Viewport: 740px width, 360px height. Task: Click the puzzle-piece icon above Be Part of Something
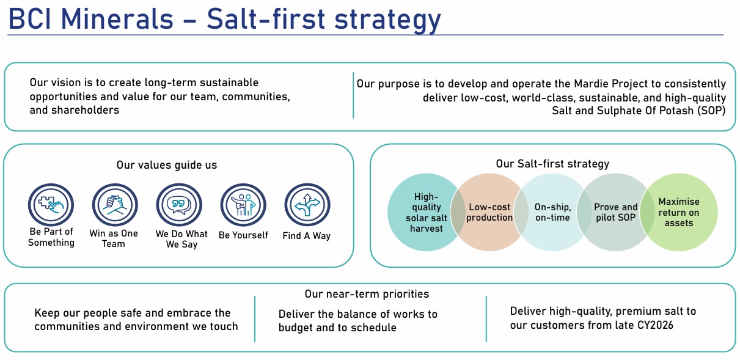[x=51, y=205]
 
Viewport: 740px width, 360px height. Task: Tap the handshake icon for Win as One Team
[x=115, y=205]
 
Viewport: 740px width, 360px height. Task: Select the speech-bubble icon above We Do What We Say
[x=179, y=205]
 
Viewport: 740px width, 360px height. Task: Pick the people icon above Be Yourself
[x=243, y=205]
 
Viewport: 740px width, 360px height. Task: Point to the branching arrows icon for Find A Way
[x=307, y=205]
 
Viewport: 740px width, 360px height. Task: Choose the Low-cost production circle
[x=489, y=212]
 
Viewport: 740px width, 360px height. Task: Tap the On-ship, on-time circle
[x=552, y=212]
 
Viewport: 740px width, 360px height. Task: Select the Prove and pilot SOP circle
[x=615, y=212]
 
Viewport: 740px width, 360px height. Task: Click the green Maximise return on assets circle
[x=679, y=212]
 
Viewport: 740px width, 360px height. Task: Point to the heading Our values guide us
[x=166, y=165]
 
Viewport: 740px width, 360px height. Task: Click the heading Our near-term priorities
[x=367, y=294]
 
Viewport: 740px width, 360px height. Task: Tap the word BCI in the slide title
[x=29, y=19]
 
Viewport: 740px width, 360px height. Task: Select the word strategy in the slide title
[x=387, y=20]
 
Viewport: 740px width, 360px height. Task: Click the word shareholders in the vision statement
[x=75, y=110]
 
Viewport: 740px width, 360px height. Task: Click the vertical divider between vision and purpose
[x=353, y=95]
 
